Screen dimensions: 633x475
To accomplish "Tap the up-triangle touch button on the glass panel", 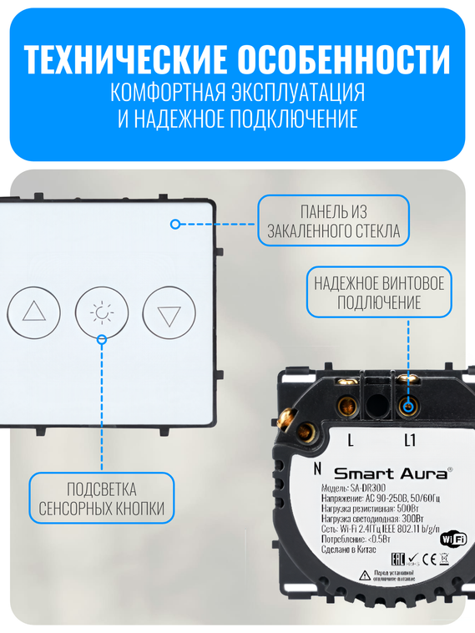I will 34,312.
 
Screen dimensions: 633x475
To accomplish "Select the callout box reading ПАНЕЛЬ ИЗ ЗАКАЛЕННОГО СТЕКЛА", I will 333,221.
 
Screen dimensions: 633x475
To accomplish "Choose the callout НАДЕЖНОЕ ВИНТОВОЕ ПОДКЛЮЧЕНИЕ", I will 379,292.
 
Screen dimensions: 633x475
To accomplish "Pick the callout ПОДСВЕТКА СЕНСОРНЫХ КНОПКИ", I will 102,499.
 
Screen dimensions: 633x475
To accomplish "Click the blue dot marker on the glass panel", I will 174,224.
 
